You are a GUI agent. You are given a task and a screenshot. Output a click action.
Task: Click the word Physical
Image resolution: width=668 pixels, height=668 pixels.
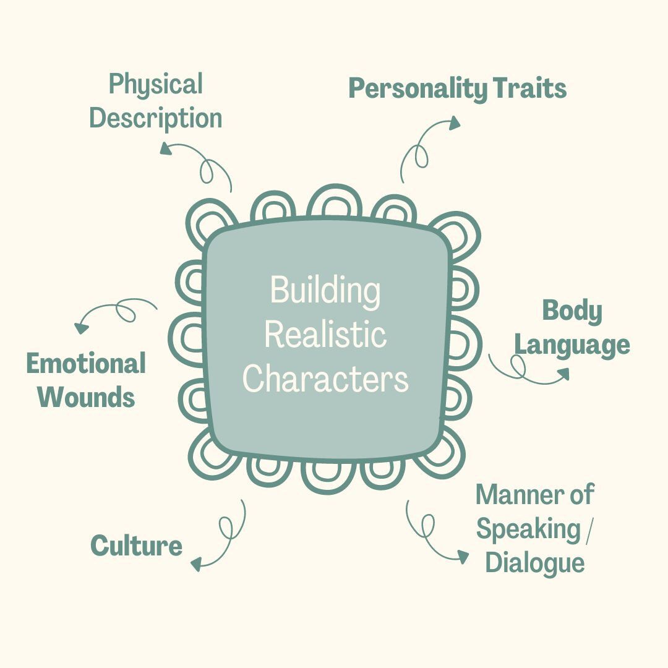coord(155,84)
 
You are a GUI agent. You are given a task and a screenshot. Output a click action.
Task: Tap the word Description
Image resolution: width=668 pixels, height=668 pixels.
coord(155,118)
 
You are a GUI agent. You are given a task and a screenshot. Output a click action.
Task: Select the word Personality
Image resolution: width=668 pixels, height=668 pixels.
coord(417,89)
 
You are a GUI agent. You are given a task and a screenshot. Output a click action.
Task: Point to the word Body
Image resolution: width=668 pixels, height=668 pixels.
coord(572,311)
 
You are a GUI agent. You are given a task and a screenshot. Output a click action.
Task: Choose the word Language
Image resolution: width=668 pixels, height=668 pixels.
coord(572,345)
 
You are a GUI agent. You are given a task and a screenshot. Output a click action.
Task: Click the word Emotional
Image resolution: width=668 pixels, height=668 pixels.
coord(86,364)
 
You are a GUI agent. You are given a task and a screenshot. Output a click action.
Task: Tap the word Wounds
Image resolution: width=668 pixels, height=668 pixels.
coord(86,396)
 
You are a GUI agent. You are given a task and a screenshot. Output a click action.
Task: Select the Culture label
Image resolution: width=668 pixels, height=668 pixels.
coord(136,546)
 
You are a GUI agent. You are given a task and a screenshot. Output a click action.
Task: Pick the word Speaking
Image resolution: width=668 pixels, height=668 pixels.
coord(528,529)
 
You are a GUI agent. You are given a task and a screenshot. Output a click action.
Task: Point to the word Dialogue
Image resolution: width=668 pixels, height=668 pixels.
coord(534,563)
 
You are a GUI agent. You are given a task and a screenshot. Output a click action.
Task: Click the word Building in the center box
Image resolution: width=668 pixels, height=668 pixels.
coord(325,291)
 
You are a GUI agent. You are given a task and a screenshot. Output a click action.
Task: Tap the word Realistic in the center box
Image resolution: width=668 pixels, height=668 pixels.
coord(325,335)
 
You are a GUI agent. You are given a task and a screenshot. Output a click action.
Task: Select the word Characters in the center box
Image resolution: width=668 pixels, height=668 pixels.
coord(325,379)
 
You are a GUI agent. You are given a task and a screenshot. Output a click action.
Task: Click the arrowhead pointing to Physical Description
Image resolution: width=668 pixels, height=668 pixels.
coord(166,148)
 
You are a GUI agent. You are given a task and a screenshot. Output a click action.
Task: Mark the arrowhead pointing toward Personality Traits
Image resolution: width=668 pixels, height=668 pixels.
coord(454,122)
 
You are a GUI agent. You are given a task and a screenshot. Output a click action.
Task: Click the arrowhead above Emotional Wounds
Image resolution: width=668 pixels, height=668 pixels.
coord(81,328)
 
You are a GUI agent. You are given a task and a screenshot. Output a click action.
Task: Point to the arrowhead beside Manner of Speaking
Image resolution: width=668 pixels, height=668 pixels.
coord(463,557)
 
